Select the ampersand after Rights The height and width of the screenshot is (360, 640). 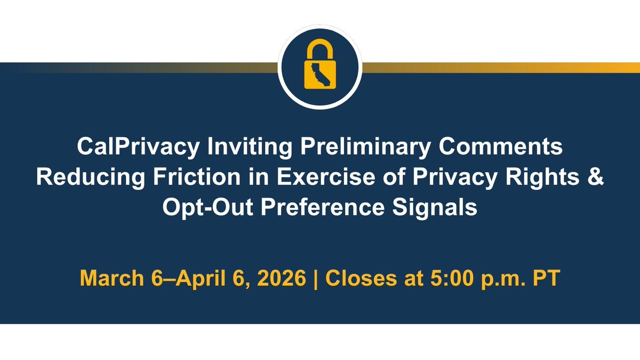(595, 177)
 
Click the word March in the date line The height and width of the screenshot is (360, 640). (110, 279)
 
